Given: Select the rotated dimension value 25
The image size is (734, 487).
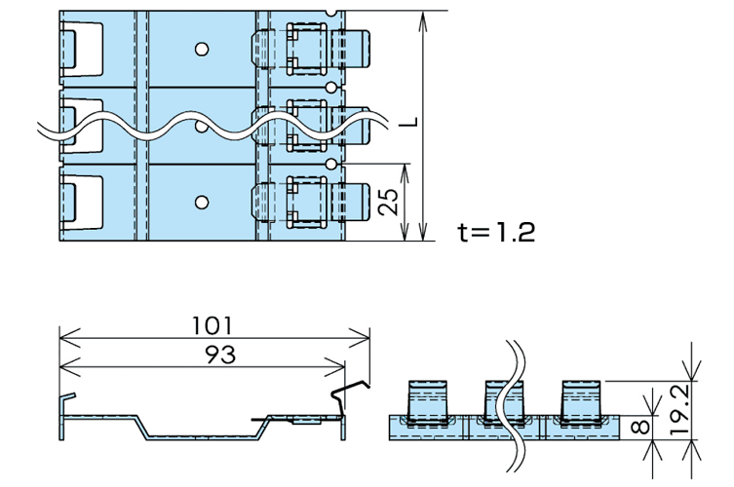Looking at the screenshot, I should click(387, 202).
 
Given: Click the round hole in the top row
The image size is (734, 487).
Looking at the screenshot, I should click(201, 49).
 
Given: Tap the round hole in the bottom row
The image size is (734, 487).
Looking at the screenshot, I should click(201, 203).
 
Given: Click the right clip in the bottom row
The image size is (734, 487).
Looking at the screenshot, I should click(312, 203).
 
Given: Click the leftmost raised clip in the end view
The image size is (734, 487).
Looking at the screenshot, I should click(425, 401).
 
